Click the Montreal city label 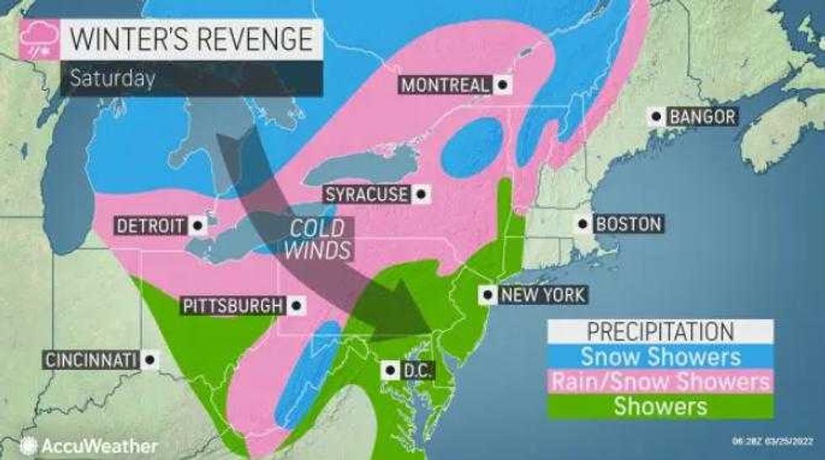(x=445, y=85)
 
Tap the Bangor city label (x=701, y=116)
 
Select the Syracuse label (x=367, y=195)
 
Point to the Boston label (x=628, y=224)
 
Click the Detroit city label (x=150, y=227)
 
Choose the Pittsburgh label (x=231, y=305)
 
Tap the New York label (x=538, y=295)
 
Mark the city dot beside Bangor (x=654, y=116)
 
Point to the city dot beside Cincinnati (x=149, y=360)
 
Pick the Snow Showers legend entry (x=659, y=356)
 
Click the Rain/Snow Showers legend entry (x=659, y=381)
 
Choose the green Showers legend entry (x=659, y=406)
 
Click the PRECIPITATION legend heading (x=659, y=330)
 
